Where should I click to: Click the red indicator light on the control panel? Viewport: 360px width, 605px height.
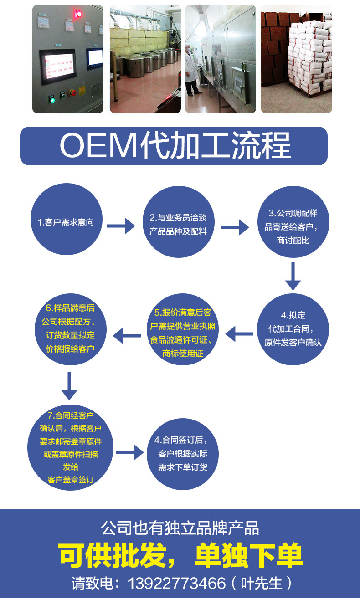click(79, 14)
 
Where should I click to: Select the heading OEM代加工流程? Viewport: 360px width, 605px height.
click(174, 146)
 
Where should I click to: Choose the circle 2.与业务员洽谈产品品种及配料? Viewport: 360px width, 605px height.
click(178, 224)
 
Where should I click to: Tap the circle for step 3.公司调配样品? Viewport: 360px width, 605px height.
click(293, 226)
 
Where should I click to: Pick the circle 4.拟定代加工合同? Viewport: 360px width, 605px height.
click(293, 329)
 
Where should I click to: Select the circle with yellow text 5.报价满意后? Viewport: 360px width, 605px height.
click(182, 333)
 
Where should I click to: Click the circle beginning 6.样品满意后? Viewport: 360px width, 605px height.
click(68, 328)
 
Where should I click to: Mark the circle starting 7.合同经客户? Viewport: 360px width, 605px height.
click(70, 447)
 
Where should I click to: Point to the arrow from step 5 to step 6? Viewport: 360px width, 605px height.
click(126, 336)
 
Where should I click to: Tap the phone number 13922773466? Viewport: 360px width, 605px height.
click(177, 583)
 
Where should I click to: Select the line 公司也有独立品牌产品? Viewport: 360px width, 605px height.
click(180, 528)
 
